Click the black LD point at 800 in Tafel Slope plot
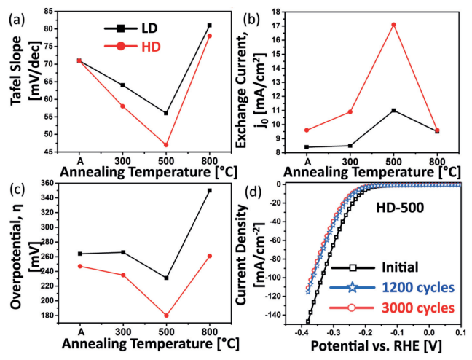click(x=210, y=26)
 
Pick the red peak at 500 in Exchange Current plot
click(x=393, y=25)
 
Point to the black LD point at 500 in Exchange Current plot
click(x=393, y=110)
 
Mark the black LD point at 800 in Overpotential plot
click(x=210, y=190)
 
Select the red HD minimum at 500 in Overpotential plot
click(x=166, y=316)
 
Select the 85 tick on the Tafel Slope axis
click(x=58, y=11)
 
